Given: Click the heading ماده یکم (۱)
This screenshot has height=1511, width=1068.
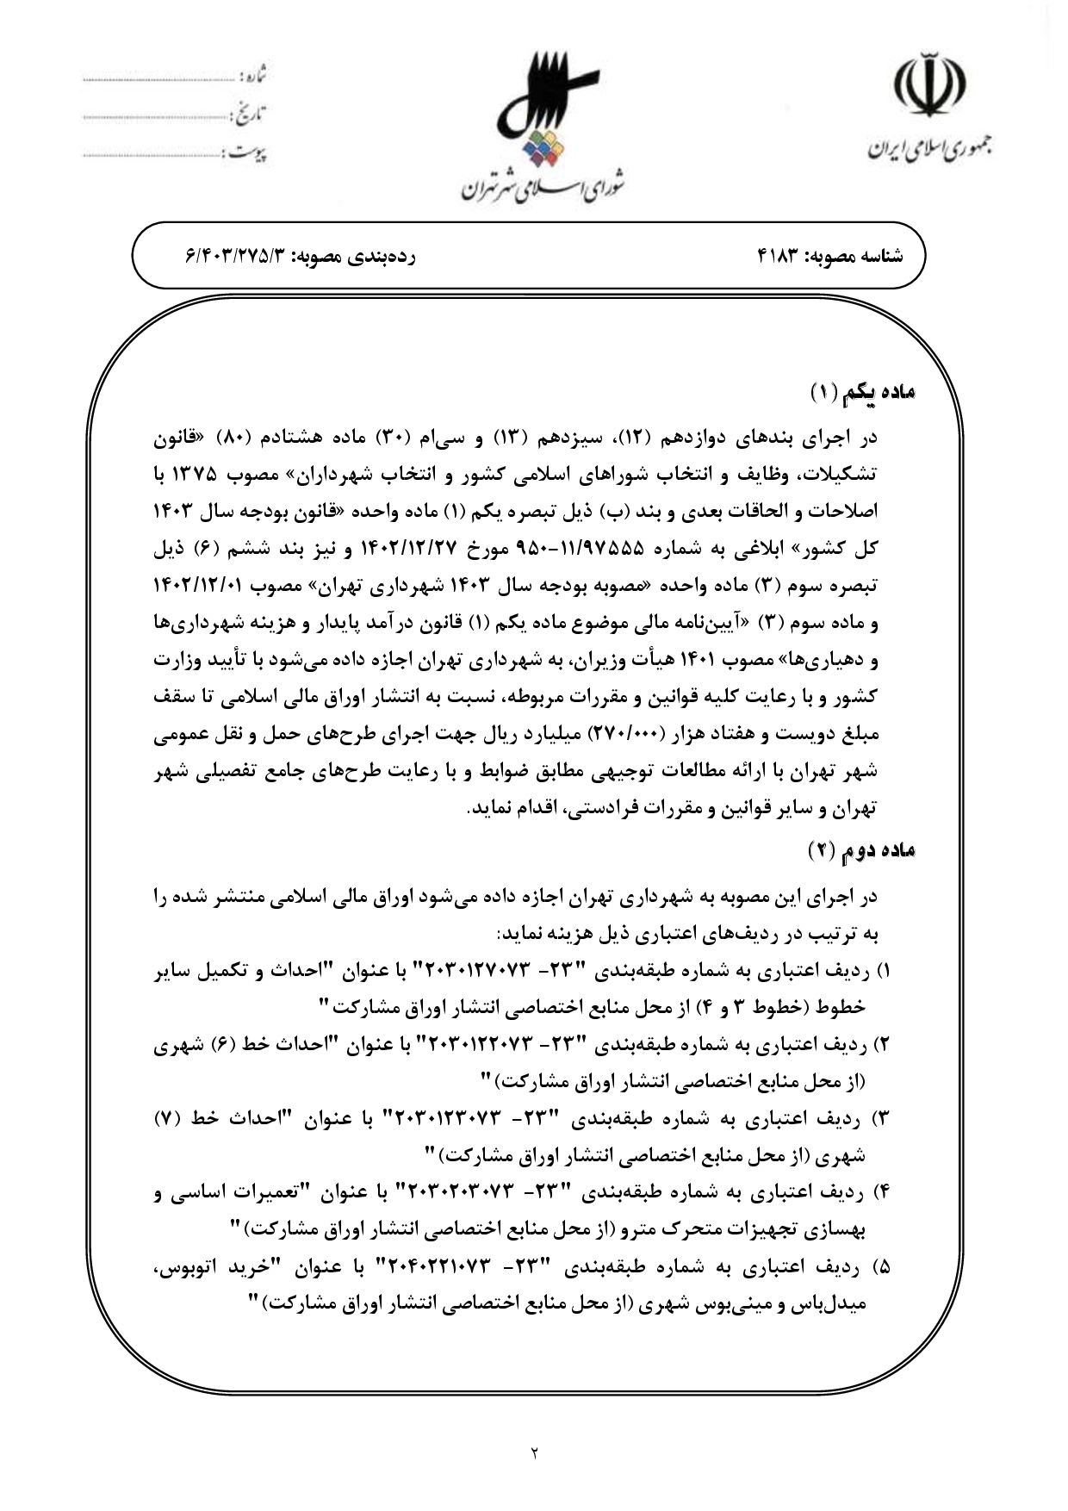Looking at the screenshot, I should (863, 393).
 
